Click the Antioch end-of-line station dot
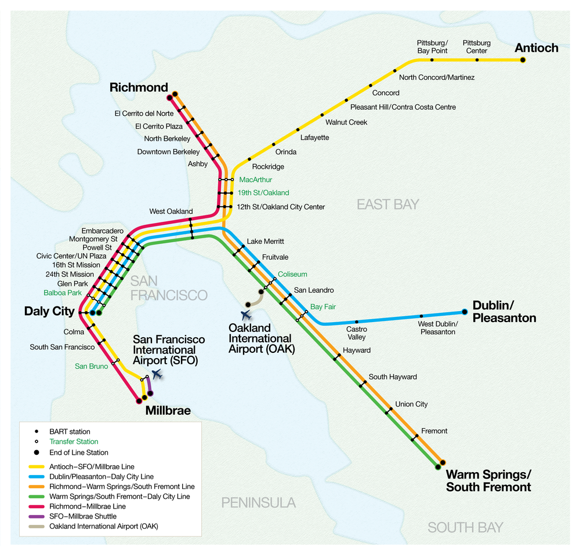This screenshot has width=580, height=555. coord(523,60)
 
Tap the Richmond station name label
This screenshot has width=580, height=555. coord(139,87)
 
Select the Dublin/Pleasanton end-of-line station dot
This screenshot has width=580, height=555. coord(465,312)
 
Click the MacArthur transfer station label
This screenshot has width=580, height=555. coord(255,180)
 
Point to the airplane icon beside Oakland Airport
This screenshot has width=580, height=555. coord(247,315)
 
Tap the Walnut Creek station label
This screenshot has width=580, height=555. coord(346,122)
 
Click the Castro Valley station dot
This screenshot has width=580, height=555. coord(357,322)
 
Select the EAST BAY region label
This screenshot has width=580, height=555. coord(387,204)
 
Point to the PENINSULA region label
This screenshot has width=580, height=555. coord(258,502)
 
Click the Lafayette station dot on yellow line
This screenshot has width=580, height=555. coord(298,130)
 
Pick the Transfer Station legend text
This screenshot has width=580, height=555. coord(74,442)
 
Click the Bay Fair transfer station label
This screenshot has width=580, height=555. coord(324,306)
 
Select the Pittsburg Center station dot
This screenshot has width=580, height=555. coord(477,60)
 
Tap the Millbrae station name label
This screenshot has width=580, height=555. coord(168,411)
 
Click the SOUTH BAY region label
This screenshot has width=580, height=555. coord(465,527)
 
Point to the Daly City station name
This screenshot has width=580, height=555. coord(49,311)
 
